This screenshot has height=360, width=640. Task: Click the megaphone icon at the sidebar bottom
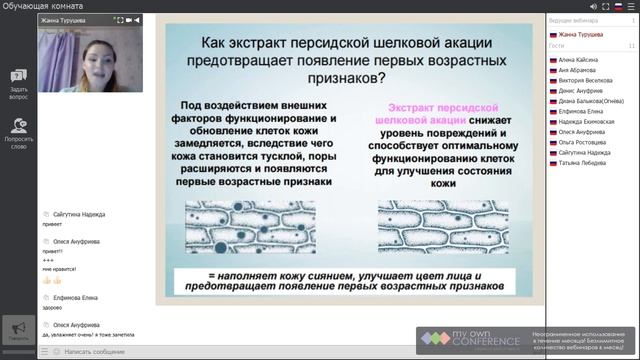17,328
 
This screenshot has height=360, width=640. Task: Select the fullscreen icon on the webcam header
122,19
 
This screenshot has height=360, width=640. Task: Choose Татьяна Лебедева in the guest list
580,162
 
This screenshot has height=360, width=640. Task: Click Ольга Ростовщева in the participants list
580,142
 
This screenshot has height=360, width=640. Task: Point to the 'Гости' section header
557,45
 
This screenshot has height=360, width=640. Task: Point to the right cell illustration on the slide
437,229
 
